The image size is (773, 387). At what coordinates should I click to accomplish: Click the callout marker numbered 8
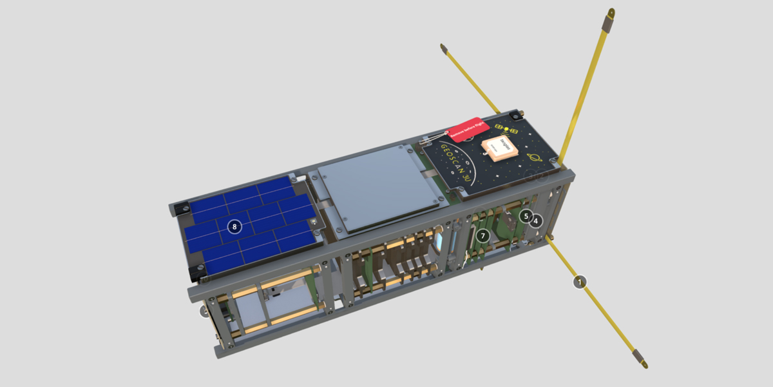[x=234, y=226]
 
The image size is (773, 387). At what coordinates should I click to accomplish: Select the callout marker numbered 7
[x=482, y=236]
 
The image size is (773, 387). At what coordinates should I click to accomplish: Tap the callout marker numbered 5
[x=526, y=216]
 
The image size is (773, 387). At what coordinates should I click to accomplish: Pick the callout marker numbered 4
[x=537, y=221]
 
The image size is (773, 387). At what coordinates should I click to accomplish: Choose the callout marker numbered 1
[x=580, y=282]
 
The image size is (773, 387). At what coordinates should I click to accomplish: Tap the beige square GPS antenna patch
[x=501, y=148]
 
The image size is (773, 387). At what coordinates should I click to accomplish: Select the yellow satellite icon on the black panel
[x=506, y=129]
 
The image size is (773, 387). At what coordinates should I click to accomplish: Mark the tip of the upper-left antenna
[x=443, y=47]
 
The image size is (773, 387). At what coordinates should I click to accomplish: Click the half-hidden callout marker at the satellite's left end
[x=204, y=312]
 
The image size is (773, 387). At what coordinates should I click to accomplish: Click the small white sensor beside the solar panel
[x=314, y=222]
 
